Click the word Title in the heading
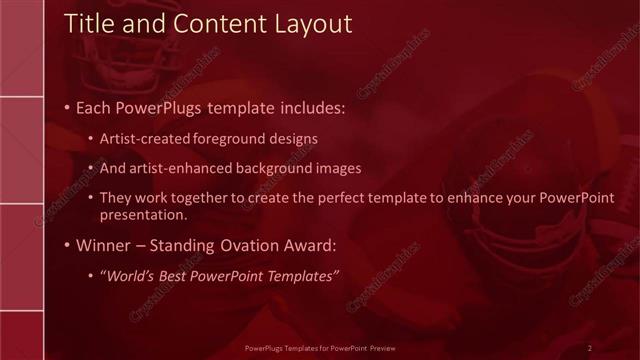pos(89,25)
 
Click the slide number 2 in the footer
pos(589,348)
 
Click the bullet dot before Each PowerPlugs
pos(66,107)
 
